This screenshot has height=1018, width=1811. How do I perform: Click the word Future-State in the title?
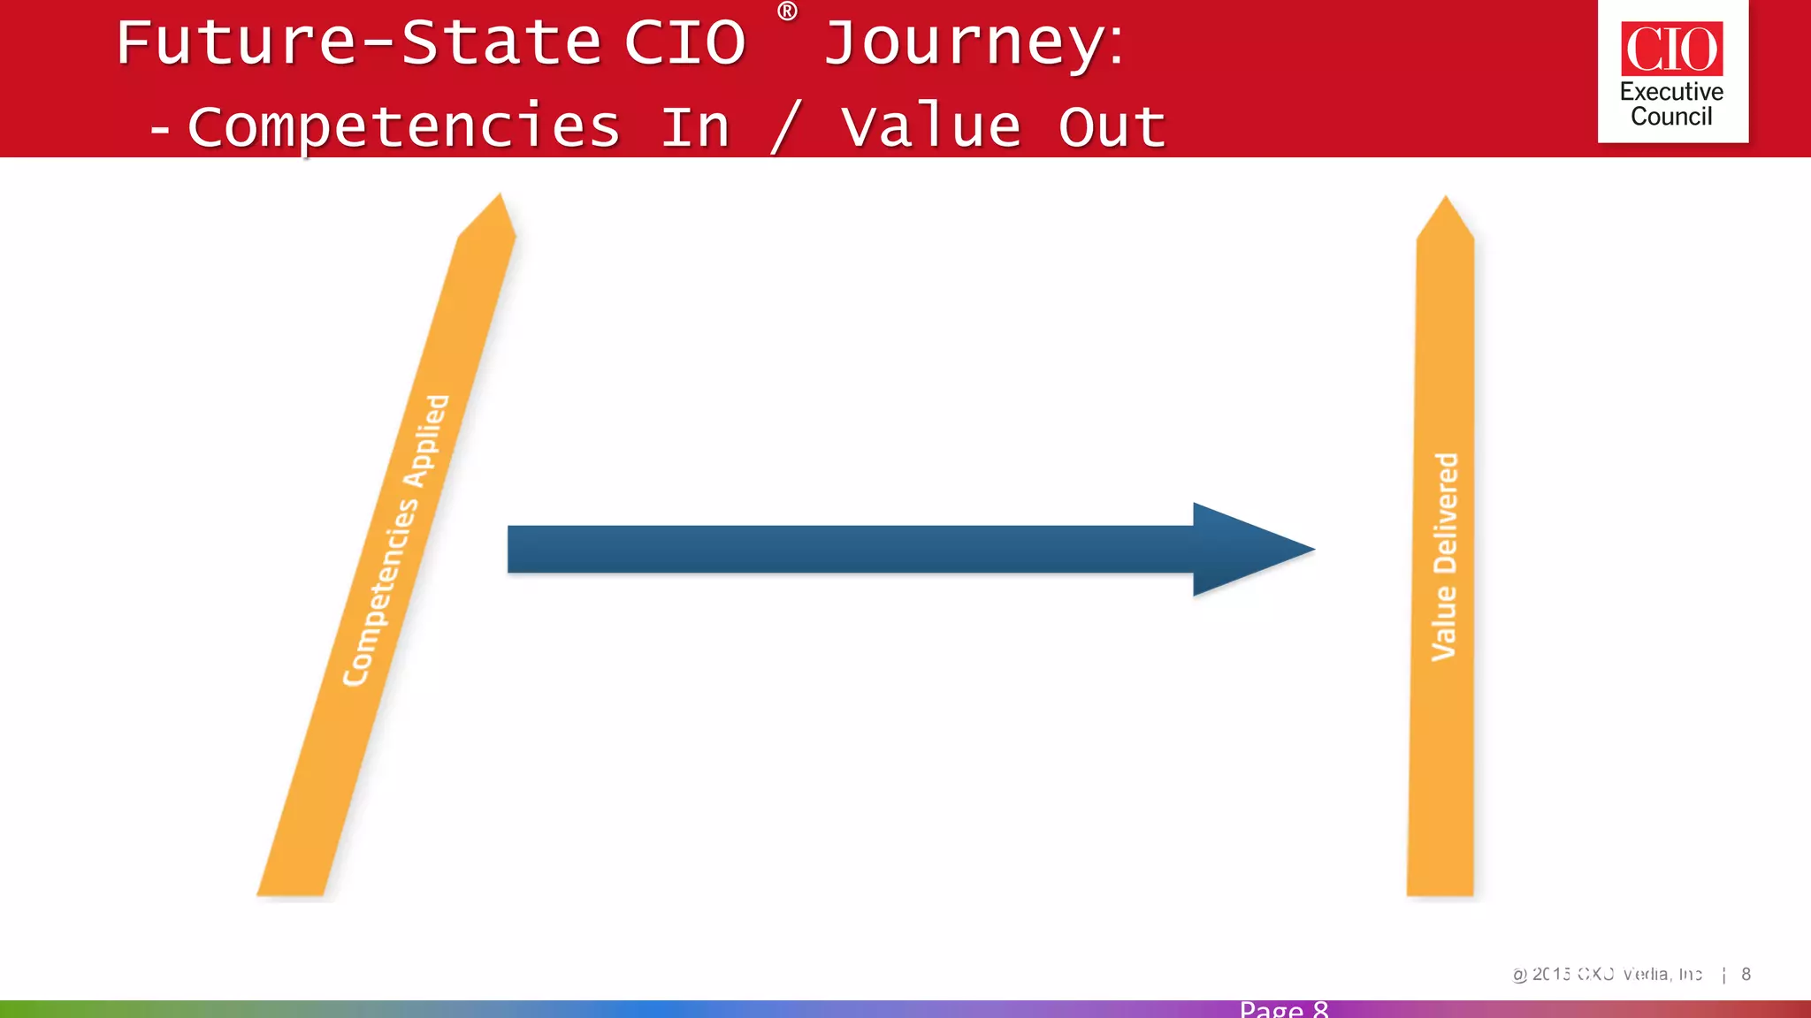(x=358, y=42)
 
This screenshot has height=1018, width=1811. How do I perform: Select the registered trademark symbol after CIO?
(x=786, y=11)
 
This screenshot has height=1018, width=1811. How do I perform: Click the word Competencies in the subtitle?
(x=403, y=126)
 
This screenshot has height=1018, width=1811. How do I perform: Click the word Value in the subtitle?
(x=930, y=126)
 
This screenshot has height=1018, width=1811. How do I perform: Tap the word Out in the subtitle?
(x=1112, y=126)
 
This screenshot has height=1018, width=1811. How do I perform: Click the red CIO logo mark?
(x=1671, y=49)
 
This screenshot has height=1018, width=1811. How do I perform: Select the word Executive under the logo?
(x=1671, y=92)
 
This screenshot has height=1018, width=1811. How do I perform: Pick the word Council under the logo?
(x=1671, y=117)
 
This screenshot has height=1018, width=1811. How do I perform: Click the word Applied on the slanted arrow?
(x=427, y=441)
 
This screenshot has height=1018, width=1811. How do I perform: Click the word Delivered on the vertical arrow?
(x=1445, y=513)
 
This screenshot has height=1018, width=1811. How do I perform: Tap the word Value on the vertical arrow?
(x=1443, y=624)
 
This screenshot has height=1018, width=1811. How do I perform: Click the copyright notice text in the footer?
(x=1607, y=974)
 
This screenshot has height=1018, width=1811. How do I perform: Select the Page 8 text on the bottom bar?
(x=1283, y=1009)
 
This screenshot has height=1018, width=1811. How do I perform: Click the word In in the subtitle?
(x=696, y=126)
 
